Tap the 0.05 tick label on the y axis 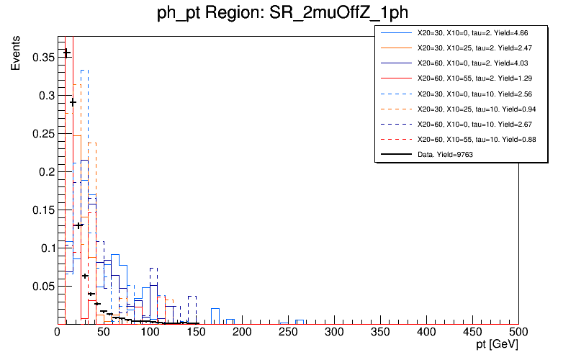point(41,286)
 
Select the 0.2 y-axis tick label point(45,171)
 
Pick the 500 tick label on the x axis point(518,332)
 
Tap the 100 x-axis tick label point(150,332)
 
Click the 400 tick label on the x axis point(426,332)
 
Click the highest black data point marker point(67,52)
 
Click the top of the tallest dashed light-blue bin point(84,70)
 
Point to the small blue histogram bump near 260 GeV point(300,320)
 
